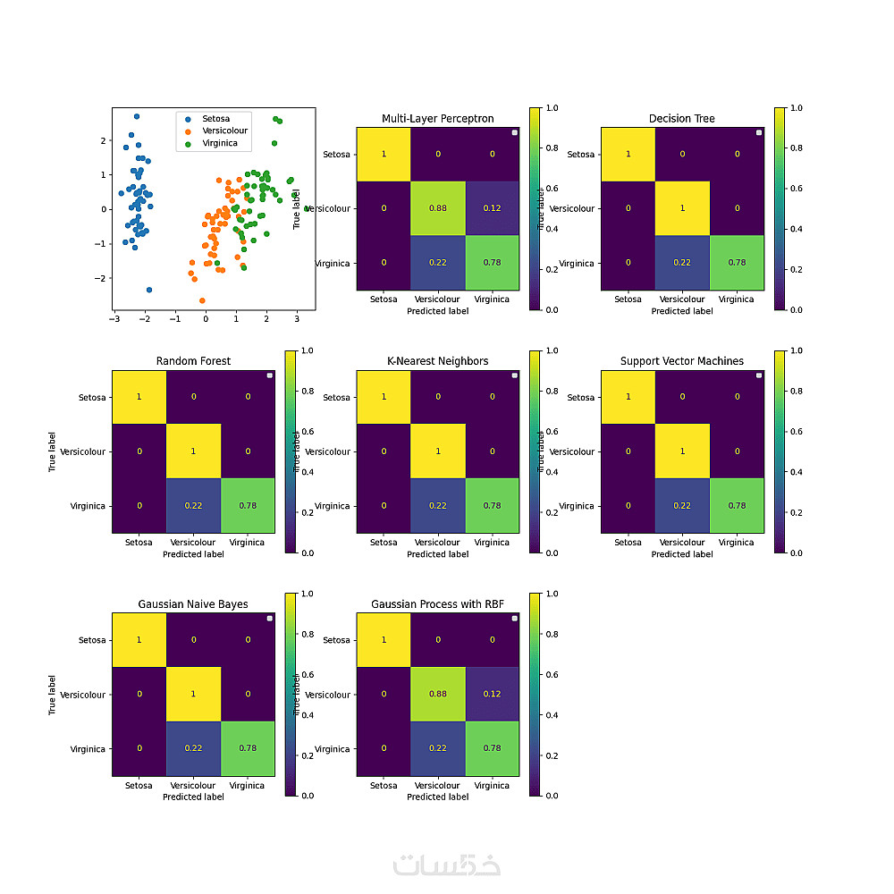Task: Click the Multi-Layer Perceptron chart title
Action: tap(437, 119)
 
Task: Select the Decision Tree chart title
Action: tap(681, 119)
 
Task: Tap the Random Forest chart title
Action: tap(193, 361)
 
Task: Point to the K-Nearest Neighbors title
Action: tap(437, 361)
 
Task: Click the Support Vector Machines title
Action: tap(681, 361)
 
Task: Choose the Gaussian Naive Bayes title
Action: tap(193, 604)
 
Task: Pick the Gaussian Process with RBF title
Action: tap(437, 604)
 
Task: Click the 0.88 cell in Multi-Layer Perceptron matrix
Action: tap(438, 208)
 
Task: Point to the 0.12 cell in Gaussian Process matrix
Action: tap(493, 695)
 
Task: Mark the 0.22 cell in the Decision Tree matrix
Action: tap(682, 263)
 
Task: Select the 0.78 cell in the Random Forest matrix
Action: tap(248, 506)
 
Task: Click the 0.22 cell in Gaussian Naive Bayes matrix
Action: tap(193, 749)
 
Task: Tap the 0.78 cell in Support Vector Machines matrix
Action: tap(737, 506)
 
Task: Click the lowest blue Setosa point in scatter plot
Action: tap(148, 290)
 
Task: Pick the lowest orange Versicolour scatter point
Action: tap(202, 300)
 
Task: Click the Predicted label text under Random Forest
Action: tap(193, 554)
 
